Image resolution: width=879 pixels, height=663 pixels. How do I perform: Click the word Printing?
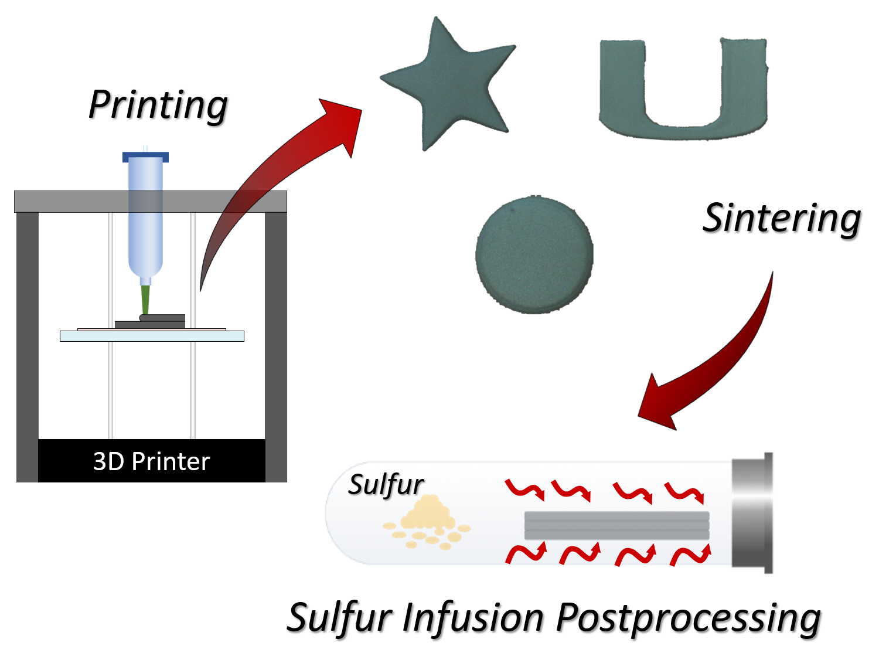pyautogui.click(x=158, y=106)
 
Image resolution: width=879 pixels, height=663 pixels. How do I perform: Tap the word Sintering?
pyautogui.click(x=782, y=218)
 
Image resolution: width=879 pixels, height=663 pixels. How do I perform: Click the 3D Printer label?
pyautogui.click(x=151, y=461)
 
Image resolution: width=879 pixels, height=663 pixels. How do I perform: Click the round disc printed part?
pyautogui.click(x=534, y=255)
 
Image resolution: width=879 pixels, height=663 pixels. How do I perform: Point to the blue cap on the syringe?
pyautogui.click(x=145, y=157)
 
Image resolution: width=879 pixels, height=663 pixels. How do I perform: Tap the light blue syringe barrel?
pyautogui.click(x=145, y=223)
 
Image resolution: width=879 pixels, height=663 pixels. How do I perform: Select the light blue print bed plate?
pyautogui.click(x=152, y=336)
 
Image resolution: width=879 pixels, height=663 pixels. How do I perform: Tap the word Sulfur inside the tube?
pyautogui.click(x=386, y=485)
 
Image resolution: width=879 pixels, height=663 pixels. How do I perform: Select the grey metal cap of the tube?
pyautogui.click(x=752, y=513)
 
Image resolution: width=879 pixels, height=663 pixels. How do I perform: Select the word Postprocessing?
pyautogui.click(x=688, y=619)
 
